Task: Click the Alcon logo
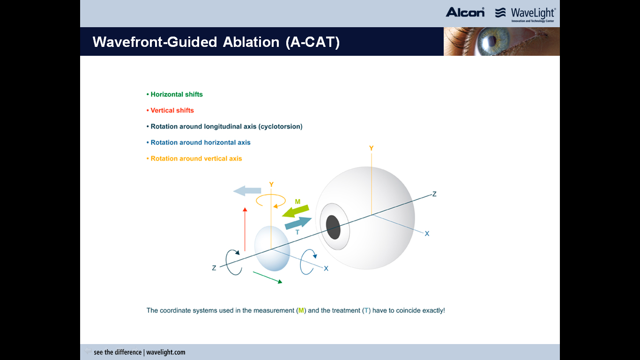click(465, 12)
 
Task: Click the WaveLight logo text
click(533, 13)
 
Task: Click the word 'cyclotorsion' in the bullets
click(280, 127)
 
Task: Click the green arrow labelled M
click(296, 211)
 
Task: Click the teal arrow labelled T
click(298, 223)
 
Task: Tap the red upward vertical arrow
click(245, 229)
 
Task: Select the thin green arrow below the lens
click(268, 277)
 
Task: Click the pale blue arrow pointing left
click(247, 191)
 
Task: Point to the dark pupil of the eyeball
click(333, 227)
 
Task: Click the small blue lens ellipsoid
click(272, 248)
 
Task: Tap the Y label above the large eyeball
click(371, 148)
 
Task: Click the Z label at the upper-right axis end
click(434, 194)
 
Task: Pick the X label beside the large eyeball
click(427, 233)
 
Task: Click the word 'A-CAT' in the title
click(313, 42)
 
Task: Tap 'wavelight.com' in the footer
click(166, 352)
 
